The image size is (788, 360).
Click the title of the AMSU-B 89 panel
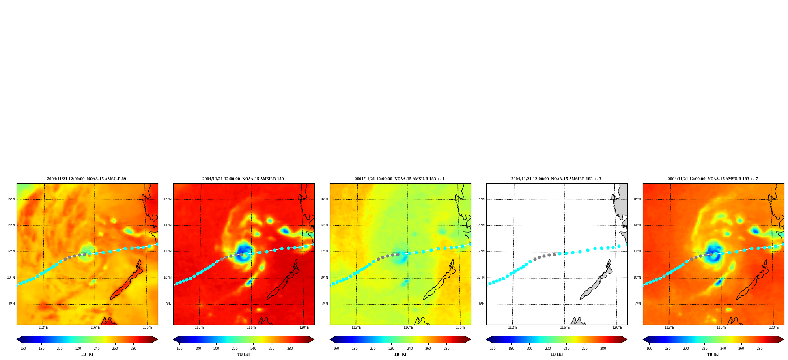86,179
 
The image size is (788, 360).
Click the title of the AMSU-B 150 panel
243,179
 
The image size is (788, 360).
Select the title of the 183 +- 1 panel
400,179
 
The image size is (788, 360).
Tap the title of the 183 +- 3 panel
556,179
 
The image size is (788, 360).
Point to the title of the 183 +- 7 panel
713,179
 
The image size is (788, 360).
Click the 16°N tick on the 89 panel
11,199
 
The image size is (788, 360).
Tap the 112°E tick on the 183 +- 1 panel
356,328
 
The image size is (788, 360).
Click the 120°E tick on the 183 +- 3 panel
617,328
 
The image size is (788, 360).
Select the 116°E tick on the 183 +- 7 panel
721,328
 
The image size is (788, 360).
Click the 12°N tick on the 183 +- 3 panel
481,251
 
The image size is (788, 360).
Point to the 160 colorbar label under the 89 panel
23,349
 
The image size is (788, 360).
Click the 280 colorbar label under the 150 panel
290,349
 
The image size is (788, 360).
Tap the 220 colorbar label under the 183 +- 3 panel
548,349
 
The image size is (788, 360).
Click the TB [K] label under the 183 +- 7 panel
713,354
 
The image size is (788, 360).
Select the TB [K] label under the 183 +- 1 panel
400,354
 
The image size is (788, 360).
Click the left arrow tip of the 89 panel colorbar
17,339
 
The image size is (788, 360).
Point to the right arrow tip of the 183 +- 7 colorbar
784,339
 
